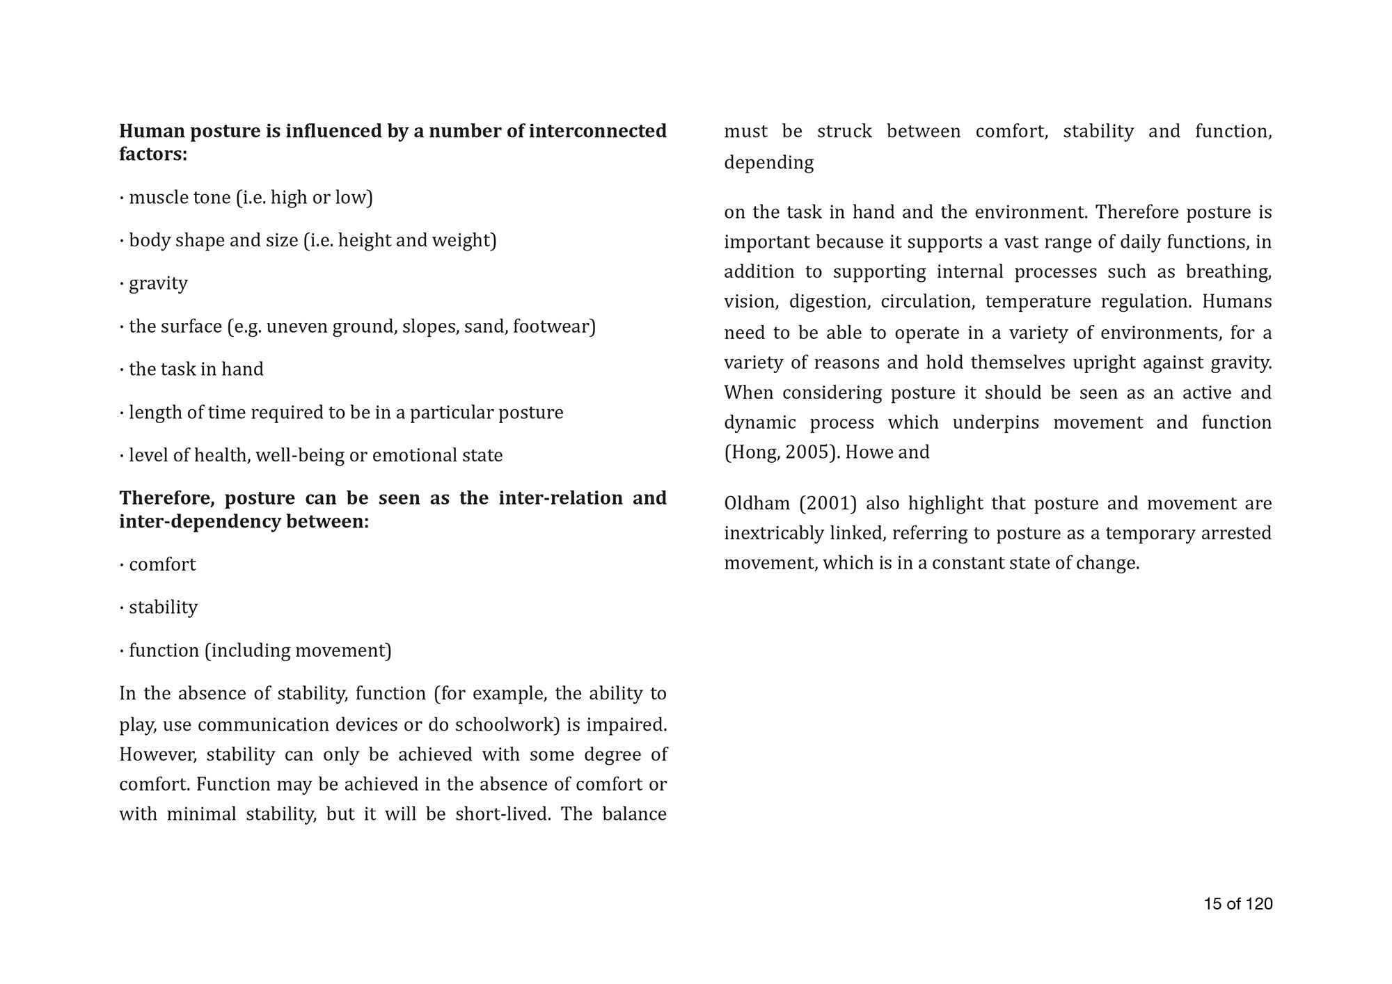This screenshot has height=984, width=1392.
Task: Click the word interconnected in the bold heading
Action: click(x=597, y=131)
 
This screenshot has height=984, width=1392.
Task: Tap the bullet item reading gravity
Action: click(x=158, y=283)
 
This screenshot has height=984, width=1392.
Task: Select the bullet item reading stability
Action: click(x=163, y=608)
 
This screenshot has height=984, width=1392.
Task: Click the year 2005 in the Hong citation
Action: click(x=810, y=452)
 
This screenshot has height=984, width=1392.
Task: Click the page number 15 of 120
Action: click(x=1237, y=904)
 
